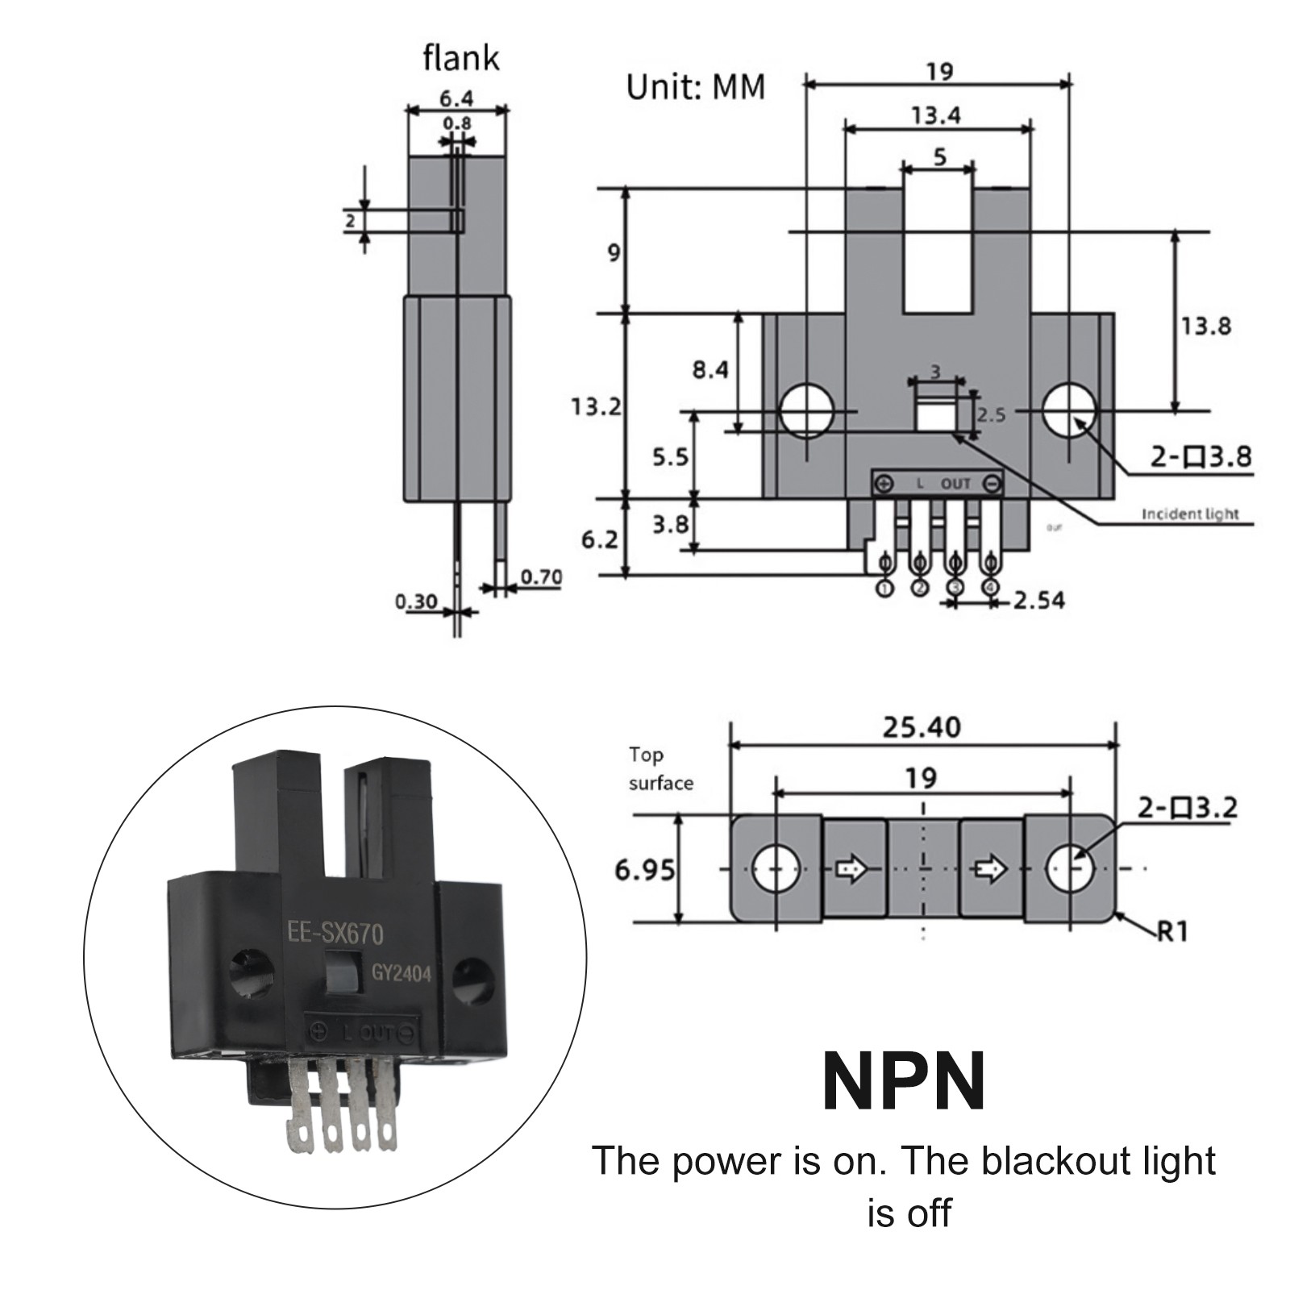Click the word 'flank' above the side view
460,59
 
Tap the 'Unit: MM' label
695,87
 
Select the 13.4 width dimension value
935,116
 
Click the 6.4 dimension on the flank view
456,99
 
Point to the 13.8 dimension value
1205,327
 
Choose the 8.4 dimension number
710,370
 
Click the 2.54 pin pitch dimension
1038,601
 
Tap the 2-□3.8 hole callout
1200,457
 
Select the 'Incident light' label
1190,514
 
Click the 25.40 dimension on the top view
922,728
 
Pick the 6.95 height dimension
644,871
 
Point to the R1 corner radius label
1173,932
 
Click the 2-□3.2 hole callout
1187,808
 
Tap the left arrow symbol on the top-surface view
852,869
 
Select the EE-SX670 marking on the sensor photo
335,934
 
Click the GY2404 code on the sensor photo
401,974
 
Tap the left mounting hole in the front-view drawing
806,410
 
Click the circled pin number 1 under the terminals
884,589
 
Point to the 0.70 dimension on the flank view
541,577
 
